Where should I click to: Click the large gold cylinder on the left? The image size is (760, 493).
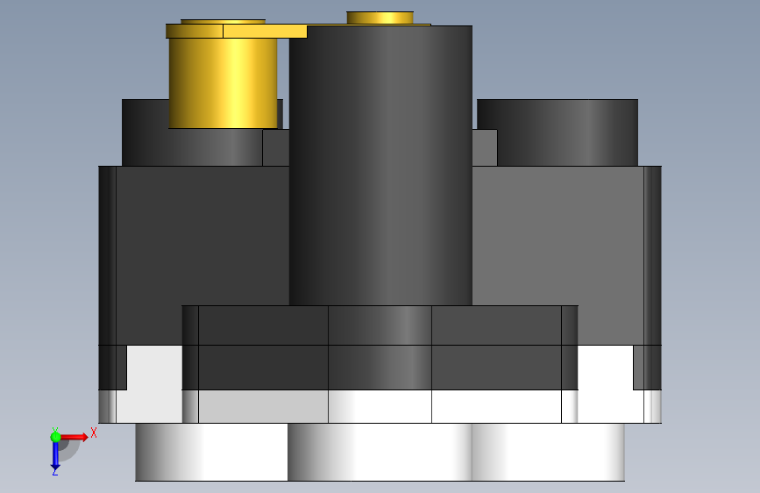point(223,83)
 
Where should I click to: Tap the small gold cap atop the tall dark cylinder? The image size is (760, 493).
point(380,18)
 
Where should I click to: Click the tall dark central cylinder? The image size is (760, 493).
point(380,166)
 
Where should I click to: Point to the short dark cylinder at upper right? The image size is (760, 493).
point(558,132)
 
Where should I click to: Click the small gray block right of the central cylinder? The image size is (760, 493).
point(485,147)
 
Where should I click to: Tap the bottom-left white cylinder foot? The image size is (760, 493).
point(211,452)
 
